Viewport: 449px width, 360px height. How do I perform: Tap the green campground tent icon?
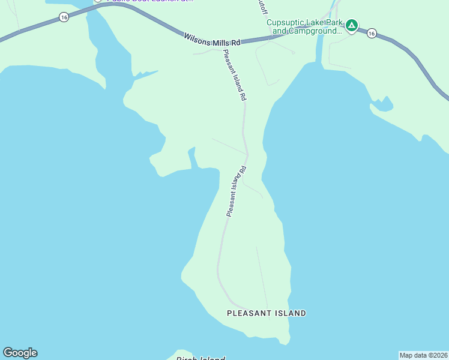352,25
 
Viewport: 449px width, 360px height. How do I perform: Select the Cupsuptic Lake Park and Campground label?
304,26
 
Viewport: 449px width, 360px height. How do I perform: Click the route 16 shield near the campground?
372,33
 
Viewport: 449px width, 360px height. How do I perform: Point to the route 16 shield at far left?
64,18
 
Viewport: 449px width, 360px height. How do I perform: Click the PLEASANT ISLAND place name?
267,313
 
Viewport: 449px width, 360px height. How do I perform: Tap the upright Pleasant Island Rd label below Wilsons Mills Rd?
235,74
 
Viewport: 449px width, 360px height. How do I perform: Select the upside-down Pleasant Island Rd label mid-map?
237,191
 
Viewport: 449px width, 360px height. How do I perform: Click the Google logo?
20,353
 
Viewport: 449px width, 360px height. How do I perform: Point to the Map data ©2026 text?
423,355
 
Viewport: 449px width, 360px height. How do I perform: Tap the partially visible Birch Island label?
200,358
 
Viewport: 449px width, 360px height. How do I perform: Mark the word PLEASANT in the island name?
247,313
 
